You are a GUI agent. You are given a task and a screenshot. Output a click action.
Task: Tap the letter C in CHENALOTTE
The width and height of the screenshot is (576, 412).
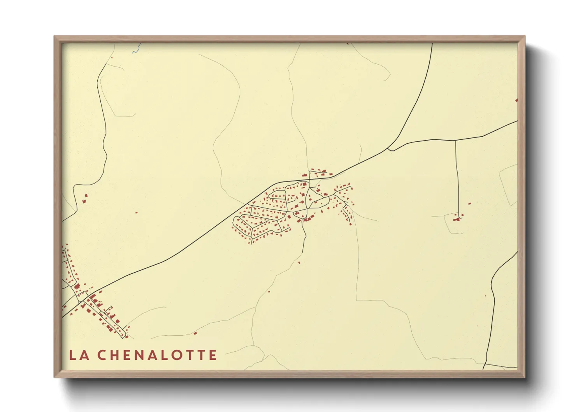(102, 355)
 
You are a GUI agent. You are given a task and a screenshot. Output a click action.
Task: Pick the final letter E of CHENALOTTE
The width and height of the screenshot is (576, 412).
(212, 355)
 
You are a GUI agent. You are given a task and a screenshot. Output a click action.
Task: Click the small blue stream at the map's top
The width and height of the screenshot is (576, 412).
(135, 49)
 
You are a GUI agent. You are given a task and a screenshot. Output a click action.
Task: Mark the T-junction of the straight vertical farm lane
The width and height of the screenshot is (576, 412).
(455, 141)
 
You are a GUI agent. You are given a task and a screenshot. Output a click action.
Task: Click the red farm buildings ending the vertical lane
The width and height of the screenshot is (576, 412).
(458, 219)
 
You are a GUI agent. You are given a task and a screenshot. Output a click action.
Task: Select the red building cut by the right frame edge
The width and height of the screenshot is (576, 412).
(516, 100)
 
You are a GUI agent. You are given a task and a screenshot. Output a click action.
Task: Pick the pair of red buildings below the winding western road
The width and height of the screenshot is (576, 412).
(85, 199)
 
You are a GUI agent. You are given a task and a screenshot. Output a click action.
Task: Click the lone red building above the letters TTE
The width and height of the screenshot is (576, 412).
(195, 333)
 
